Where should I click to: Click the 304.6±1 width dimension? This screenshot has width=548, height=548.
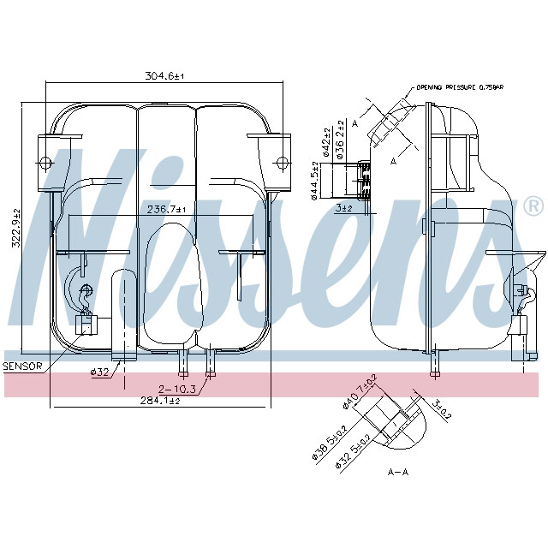[x=165, y=76]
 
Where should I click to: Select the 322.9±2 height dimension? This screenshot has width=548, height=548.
[x=15, y=229]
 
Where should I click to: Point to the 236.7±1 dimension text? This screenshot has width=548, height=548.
[x=165, y=209]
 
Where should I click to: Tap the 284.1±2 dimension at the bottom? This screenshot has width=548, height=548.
[x=161, y=400]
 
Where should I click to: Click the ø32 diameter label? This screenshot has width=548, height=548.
[x=100, y=372]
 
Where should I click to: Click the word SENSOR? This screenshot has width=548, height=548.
[x=22, y=366]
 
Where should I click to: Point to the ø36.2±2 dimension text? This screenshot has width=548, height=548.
[x=339, y=140]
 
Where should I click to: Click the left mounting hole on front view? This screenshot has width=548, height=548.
[x=45, y=162]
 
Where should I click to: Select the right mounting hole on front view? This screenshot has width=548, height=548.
[x=280, y=162]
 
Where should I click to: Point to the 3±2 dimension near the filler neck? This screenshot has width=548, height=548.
[x=344, y=207]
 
